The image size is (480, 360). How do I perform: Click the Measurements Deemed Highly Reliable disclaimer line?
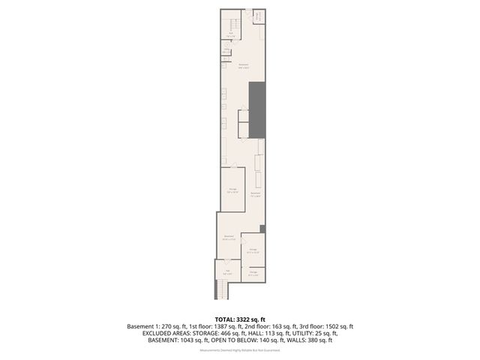click(240, 349)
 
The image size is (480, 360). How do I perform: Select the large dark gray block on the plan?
click(259, 109)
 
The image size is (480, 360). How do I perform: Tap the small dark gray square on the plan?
click(262, 229)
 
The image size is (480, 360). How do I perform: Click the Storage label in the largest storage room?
click(232, 189)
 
